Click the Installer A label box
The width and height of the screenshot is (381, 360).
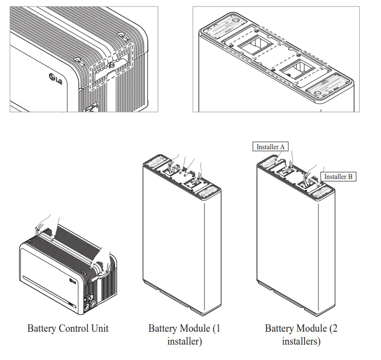(270, 147)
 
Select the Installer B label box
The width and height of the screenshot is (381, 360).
(338, 176)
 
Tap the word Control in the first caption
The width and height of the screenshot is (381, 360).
(75, 328)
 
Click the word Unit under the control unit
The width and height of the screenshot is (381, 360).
(100, 328)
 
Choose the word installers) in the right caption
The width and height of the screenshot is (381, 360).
(301, 341)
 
